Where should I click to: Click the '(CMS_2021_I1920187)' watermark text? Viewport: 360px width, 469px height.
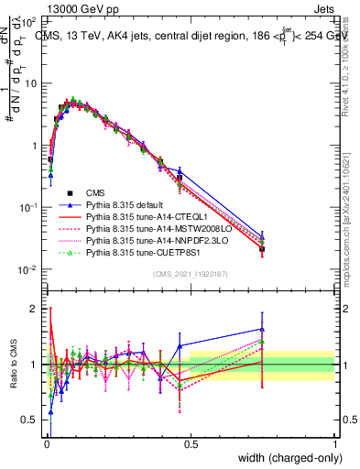pyautogui.click(x=191, y=274)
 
